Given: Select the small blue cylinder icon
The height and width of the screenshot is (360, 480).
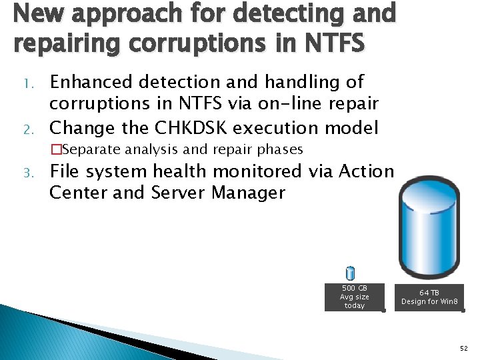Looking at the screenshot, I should point(351,273).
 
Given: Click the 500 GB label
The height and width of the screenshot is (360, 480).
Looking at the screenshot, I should point(354,288).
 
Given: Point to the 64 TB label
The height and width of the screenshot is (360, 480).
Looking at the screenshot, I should point(429,293).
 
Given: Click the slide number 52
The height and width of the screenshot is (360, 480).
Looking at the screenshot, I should point(463,348).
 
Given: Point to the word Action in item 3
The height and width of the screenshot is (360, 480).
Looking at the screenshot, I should point(366,171).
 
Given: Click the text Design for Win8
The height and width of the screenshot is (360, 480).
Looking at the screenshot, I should point(429,302).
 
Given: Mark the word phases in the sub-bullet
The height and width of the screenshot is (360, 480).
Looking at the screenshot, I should point(279,149).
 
